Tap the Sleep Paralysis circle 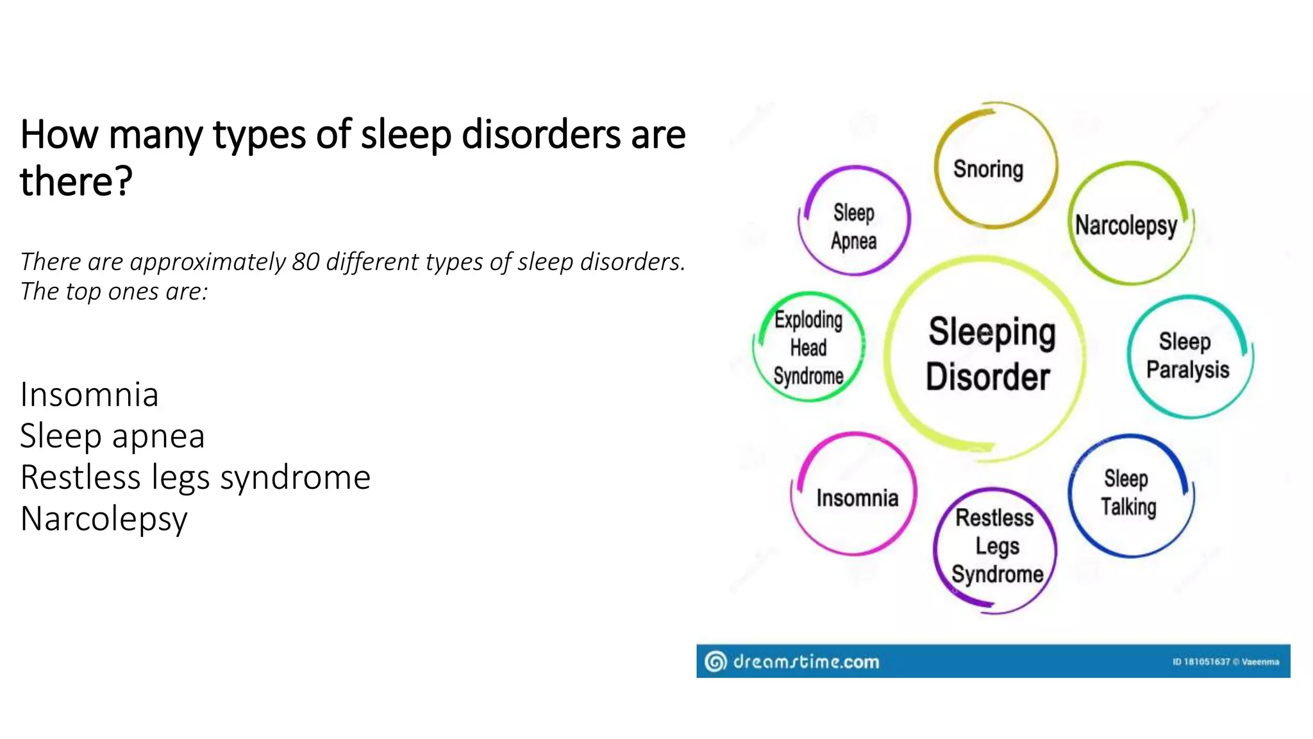(x=1188, y=356)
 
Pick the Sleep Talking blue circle (x=1130, y=494)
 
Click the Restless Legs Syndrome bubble (x=996, y=547)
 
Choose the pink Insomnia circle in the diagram (x=856, y=497)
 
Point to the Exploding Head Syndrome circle (x=808, y=348)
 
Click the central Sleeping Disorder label (x=991, y=354)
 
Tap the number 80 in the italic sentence (x=305, y=262)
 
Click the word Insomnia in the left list (x=89, y=394)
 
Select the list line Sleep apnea (x=112, y=436)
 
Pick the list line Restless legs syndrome (x=195, y=477)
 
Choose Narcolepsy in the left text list (x=103, y=518)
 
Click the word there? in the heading (x=76, y=181)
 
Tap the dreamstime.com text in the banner (x=805, y=661)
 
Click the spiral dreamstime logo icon (x=715, y=661)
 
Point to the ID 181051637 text (x=1201, y=662)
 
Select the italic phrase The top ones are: (x=114, y=292)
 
